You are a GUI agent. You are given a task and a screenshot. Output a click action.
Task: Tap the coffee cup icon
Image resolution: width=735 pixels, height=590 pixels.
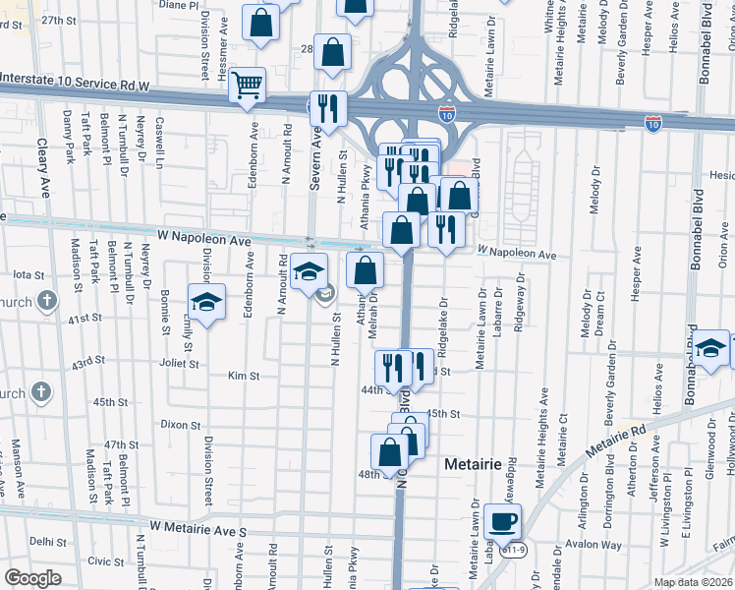[503, 521]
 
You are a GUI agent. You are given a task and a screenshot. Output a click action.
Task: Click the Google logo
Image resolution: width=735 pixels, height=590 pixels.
[32, 578]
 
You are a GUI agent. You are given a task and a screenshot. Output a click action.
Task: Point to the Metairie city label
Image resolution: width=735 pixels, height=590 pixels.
[474, 463]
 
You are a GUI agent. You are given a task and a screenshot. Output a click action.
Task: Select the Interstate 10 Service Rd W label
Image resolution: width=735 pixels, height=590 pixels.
[75, 87]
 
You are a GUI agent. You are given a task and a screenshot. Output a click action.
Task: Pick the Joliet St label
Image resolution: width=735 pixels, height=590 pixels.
[180, 363]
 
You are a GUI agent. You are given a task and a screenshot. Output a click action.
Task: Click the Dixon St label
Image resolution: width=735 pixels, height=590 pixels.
[181, 426]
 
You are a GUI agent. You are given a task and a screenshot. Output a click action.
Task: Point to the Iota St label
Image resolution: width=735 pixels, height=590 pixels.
[29, 275]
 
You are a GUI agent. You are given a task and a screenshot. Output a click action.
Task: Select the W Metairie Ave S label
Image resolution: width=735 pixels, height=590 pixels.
[204, 531]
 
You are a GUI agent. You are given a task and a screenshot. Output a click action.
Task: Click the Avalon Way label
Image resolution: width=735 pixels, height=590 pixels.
[599, 545]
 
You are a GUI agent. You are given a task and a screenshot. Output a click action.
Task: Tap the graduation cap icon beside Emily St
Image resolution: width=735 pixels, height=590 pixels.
[206, 303]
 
